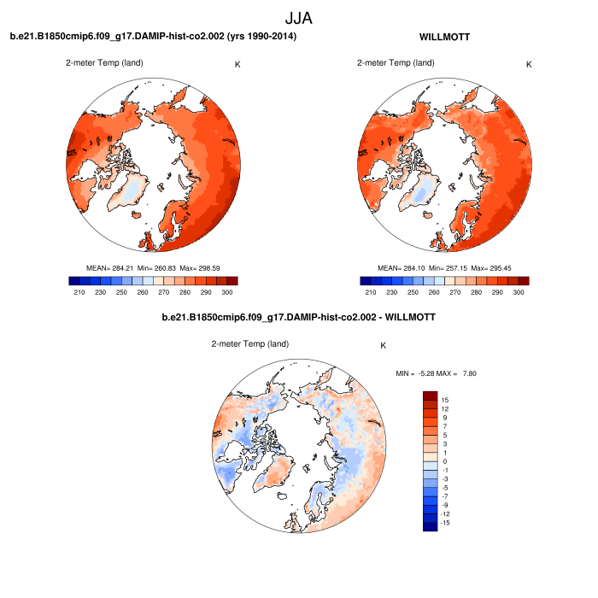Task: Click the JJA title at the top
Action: click(x=298, y=17)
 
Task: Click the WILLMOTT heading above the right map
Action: click(x=445, y=37)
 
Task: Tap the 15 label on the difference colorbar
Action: click(x=445, y=400)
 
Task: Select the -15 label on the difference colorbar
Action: click(x=444, y=522)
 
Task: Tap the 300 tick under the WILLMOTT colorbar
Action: click(x=518, y=293)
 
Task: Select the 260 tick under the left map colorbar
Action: click(x=141, y=293)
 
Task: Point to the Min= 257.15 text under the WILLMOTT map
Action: click(x=445, y=267)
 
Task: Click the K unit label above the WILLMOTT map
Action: click(x=529, y=64)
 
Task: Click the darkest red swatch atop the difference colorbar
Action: click(x=430, y=396)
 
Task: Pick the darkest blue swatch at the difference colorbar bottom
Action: click(x=430, y=526)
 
